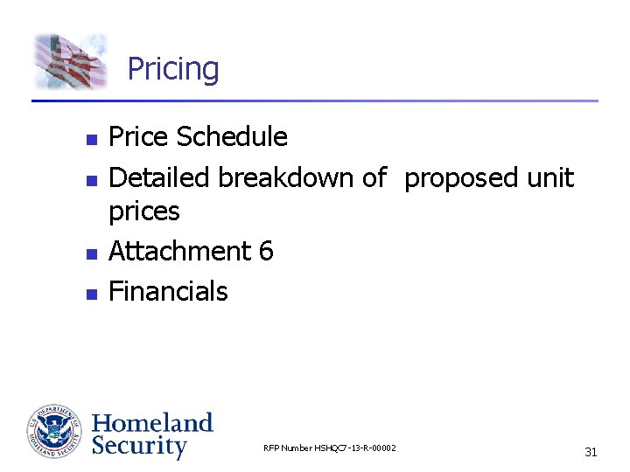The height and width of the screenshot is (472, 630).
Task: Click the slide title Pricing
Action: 173,69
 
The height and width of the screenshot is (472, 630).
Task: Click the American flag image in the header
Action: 70,61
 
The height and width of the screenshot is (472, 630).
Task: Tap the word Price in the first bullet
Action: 138,137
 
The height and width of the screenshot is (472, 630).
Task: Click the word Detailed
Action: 159,178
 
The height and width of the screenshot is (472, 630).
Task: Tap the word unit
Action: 549,178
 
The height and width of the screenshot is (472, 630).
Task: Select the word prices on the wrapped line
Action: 143,212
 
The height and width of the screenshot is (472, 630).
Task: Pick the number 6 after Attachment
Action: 266,252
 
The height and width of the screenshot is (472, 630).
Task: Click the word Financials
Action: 168,292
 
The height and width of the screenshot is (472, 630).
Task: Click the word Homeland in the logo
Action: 152,423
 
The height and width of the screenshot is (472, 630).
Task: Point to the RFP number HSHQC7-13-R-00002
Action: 329,448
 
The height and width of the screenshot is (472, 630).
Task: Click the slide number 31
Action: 591,452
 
